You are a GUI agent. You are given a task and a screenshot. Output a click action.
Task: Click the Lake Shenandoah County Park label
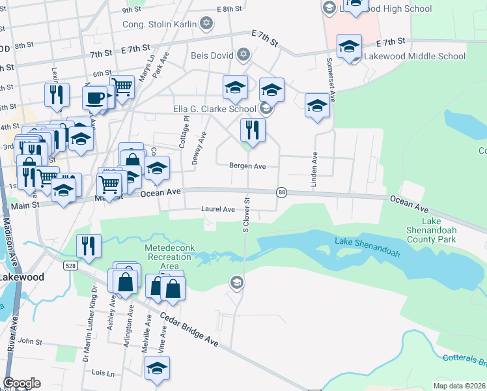click(449, 230)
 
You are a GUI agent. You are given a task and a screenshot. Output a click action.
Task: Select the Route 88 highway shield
click(281, 192)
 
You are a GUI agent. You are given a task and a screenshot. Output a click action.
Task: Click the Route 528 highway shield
click(70, 266)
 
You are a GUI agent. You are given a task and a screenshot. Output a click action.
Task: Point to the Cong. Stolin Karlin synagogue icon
click(206, 24)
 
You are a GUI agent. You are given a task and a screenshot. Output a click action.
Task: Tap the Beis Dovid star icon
click(243, 54)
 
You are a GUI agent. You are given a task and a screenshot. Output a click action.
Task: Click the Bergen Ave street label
click(247, 166)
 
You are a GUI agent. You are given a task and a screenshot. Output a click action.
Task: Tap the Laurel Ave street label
click(218, 209)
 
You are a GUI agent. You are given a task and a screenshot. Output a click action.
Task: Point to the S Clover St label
click(246, 216)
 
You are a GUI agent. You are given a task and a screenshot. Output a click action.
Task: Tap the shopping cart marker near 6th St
click(122, 86)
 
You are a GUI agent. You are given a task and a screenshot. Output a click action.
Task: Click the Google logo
click(21, 383)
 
